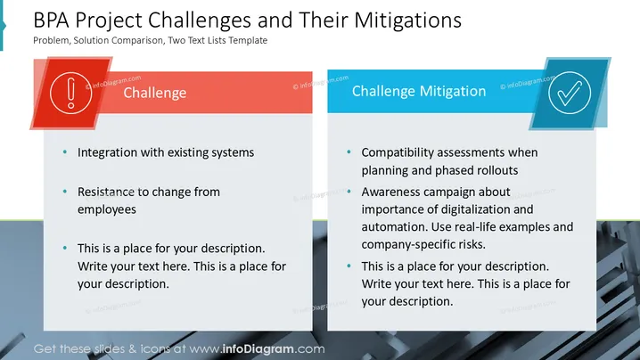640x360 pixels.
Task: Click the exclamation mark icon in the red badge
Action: point(71,93)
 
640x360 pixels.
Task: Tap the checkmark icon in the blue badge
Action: point(570,93)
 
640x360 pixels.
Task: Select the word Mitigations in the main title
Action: point(407,20)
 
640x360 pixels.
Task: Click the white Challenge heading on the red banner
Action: point(155,93)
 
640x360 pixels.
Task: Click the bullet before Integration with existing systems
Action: point(65,151)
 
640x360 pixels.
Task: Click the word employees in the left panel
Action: point(107,209)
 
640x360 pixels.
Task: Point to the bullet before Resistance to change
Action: point(65,191)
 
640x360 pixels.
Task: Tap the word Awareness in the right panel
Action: point(390,192)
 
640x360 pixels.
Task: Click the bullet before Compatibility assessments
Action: point(349,151)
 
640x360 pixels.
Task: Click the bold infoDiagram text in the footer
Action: point(258,349)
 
